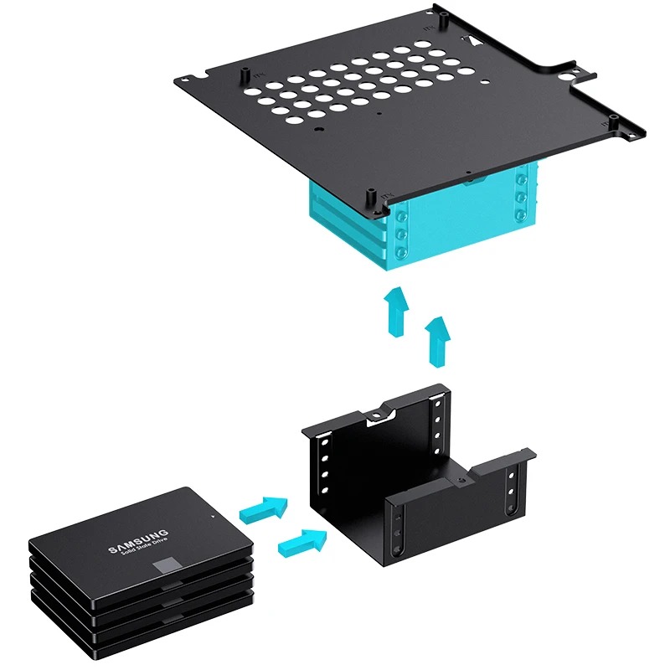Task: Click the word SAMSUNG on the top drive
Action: pyautogui.click(x=138, y=541)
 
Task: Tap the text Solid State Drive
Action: pyautogui.click(x=145, y=548)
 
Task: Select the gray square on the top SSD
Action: pyautogui.click(x=166, y=564)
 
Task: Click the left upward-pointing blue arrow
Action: pyautogui.click(x=395, y=312)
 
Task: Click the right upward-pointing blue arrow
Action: pyautogui.click(x=437, y=342)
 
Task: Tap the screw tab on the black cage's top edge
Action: pyautogui.click(x=376, y=415)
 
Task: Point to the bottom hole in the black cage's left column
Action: pyautogui.click(x=324, y=490)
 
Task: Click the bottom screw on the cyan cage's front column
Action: pyautogui.click(x=402, y=252)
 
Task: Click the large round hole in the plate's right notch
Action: pyautogui.click(x=568, y=77)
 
